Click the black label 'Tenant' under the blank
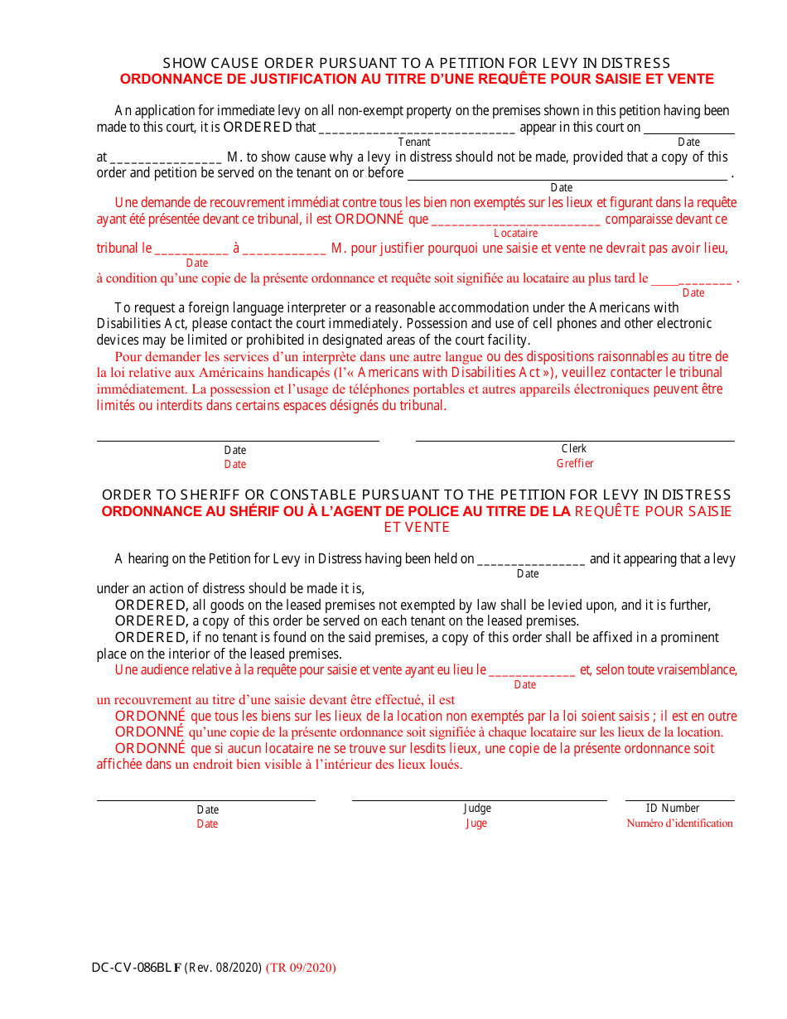(414, 142)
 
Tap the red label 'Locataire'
(516, 234)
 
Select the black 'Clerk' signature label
(574, 448)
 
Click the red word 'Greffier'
(575, 463)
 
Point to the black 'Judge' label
(477, 808)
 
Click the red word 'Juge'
(476, 823)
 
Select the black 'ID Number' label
(673, 808)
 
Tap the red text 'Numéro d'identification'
(679, 823)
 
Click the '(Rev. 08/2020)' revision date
(223, 967)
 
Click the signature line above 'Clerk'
(574, 441)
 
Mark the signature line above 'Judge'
(479, 800)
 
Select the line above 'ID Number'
(679, 800)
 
